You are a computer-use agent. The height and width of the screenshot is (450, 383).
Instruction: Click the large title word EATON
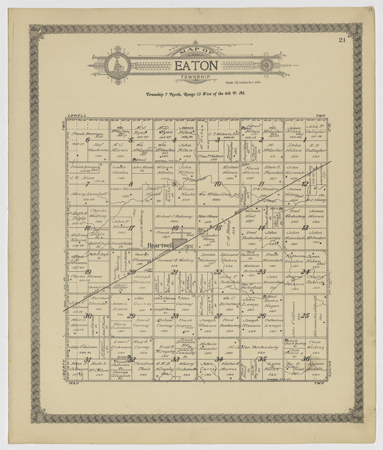[x=196, y=66]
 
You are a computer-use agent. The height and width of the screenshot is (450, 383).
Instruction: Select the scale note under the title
[x=241, y=82]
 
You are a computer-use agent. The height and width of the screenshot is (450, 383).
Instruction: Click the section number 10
[x=218, y=184]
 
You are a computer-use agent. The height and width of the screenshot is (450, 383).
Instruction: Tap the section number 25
[x=305, y=316]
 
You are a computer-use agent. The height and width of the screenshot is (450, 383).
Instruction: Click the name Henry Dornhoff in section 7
[x=83, y=194]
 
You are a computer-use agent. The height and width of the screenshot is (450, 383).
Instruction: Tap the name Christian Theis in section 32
[x=143, y=366]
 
